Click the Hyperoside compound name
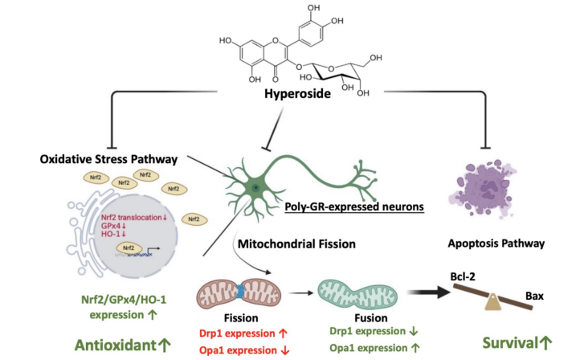(297, 93)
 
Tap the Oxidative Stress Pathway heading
(108, 159)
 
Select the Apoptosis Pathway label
(496, 243)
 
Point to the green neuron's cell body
(255, 187)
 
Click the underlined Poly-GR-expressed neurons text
(354, 207)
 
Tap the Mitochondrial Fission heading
(296, 244)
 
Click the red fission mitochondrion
(239, 294)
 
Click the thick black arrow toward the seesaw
(429, 292)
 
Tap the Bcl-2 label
(463, 276)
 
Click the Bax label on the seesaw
(534, 296)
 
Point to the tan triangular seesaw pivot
(493, 302)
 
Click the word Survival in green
(510, 343)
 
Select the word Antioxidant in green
(116, 345)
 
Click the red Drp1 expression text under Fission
(238, 333)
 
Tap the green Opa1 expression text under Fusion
(368, 348)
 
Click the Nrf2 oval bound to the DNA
(129, 247)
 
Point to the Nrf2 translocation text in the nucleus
(131, 218)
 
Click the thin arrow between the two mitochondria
(300, 293)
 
